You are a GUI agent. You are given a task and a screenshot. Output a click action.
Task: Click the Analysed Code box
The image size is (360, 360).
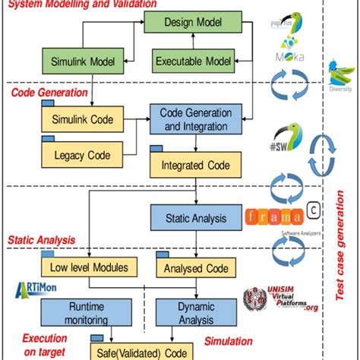tap(191, 267)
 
